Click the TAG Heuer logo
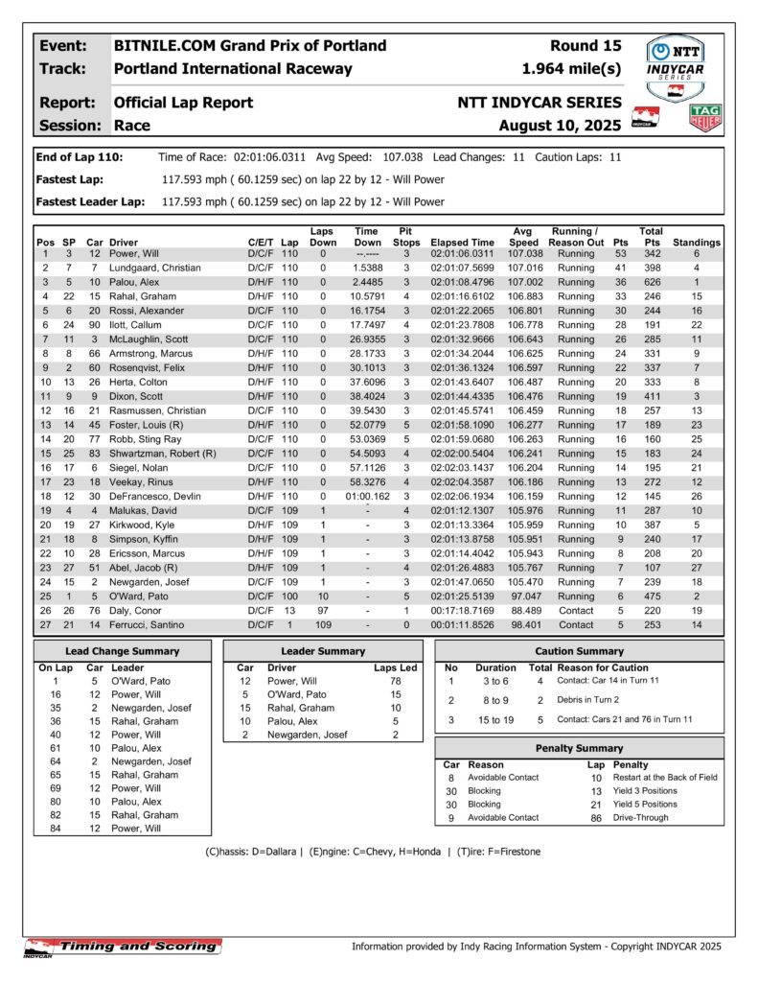[705, 117]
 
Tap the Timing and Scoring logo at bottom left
[123, 947]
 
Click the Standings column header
[697, 243]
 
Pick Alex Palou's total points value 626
[652, 283]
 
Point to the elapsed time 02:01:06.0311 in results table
[463, 254]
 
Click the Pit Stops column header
[406, 237]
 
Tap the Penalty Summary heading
[579, 748]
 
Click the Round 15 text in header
[586, 46]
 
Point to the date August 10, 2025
[561, 126]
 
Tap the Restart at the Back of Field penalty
[665, 778]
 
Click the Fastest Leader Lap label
[90, 202]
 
